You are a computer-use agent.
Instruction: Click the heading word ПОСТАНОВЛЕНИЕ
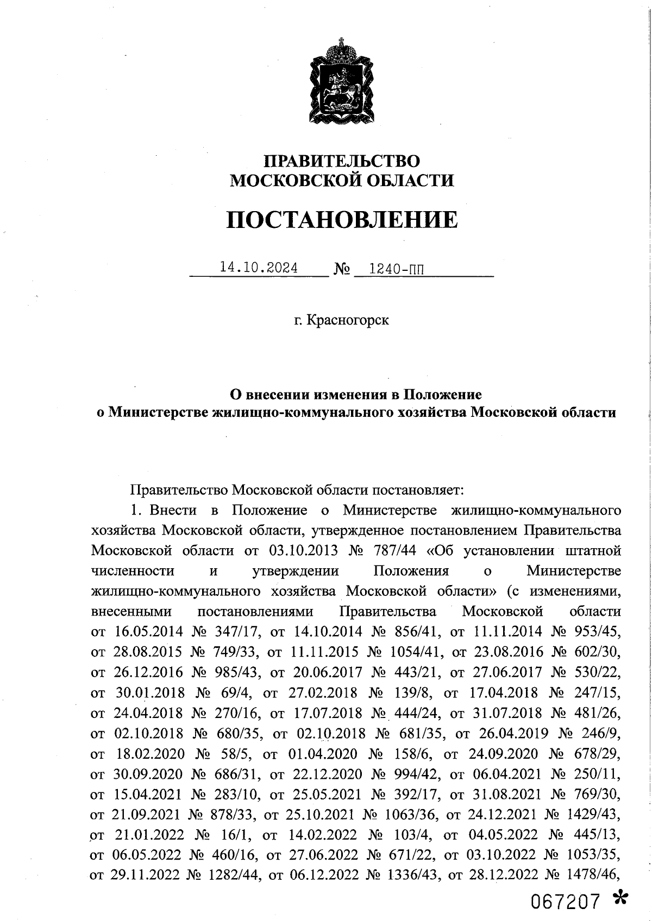click(x=341, y=220)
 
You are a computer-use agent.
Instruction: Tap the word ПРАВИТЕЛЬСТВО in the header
click(x=341, y=161)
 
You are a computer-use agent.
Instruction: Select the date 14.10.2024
click(x=258, y=268)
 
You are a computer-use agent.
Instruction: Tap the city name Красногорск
click(x=348, y=320)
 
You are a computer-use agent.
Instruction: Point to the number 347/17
click(x=235, y=631)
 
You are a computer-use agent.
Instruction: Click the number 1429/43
click(x=593, y=814)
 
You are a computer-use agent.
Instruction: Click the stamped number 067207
click(x=566, y=902)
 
